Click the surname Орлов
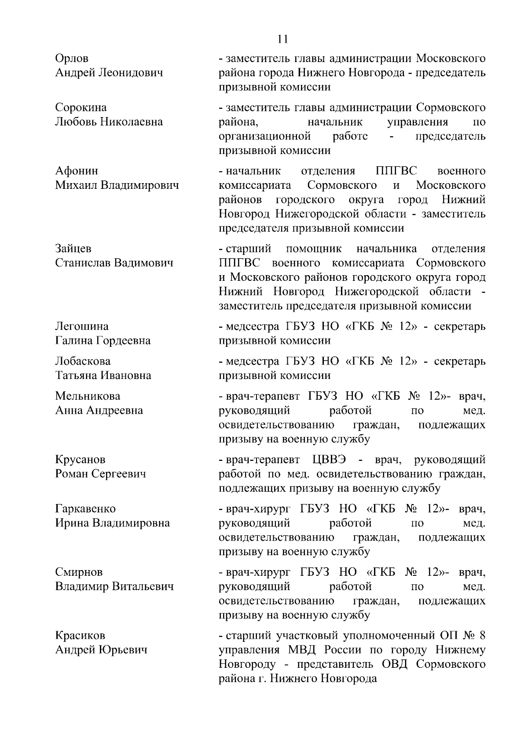tap(72, 59)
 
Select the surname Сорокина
tap(81, 108)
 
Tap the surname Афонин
tap(77, 171)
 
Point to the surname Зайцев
tap(73, 249)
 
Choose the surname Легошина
tap(82, 327)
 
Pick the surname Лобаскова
tap(83, 361)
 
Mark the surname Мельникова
tap(88, 396)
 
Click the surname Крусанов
tap(80, 460)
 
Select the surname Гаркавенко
tap(85, 509)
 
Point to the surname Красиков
tap(80, 636)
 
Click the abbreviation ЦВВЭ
tap(329, 460)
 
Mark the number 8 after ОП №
tap(482, 636)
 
